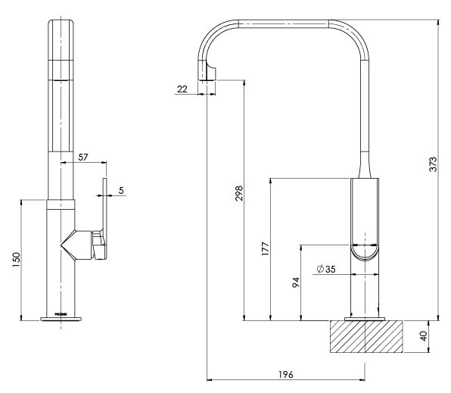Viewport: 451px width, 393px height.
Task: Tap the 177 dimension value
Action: [x=266, y=249]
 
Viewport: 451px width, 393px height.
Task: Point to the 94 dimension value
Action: [x=297, y=282]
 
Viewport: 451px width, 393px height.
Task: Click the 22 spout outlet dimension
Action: [x=182, y=89]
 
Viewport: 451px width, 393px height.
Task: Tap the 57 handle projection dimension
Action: [x=83, y=157]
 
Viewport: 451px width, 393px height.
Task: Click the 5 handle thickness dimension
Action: [x=120, y=191]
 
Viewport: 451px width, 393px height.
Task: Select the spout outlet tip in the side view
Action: [x=207, y=72]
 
